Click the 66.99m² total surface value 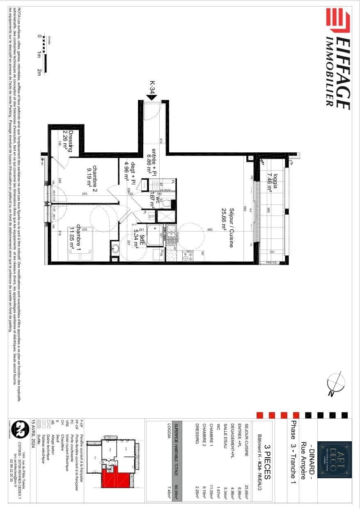[x=177, y=486]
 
